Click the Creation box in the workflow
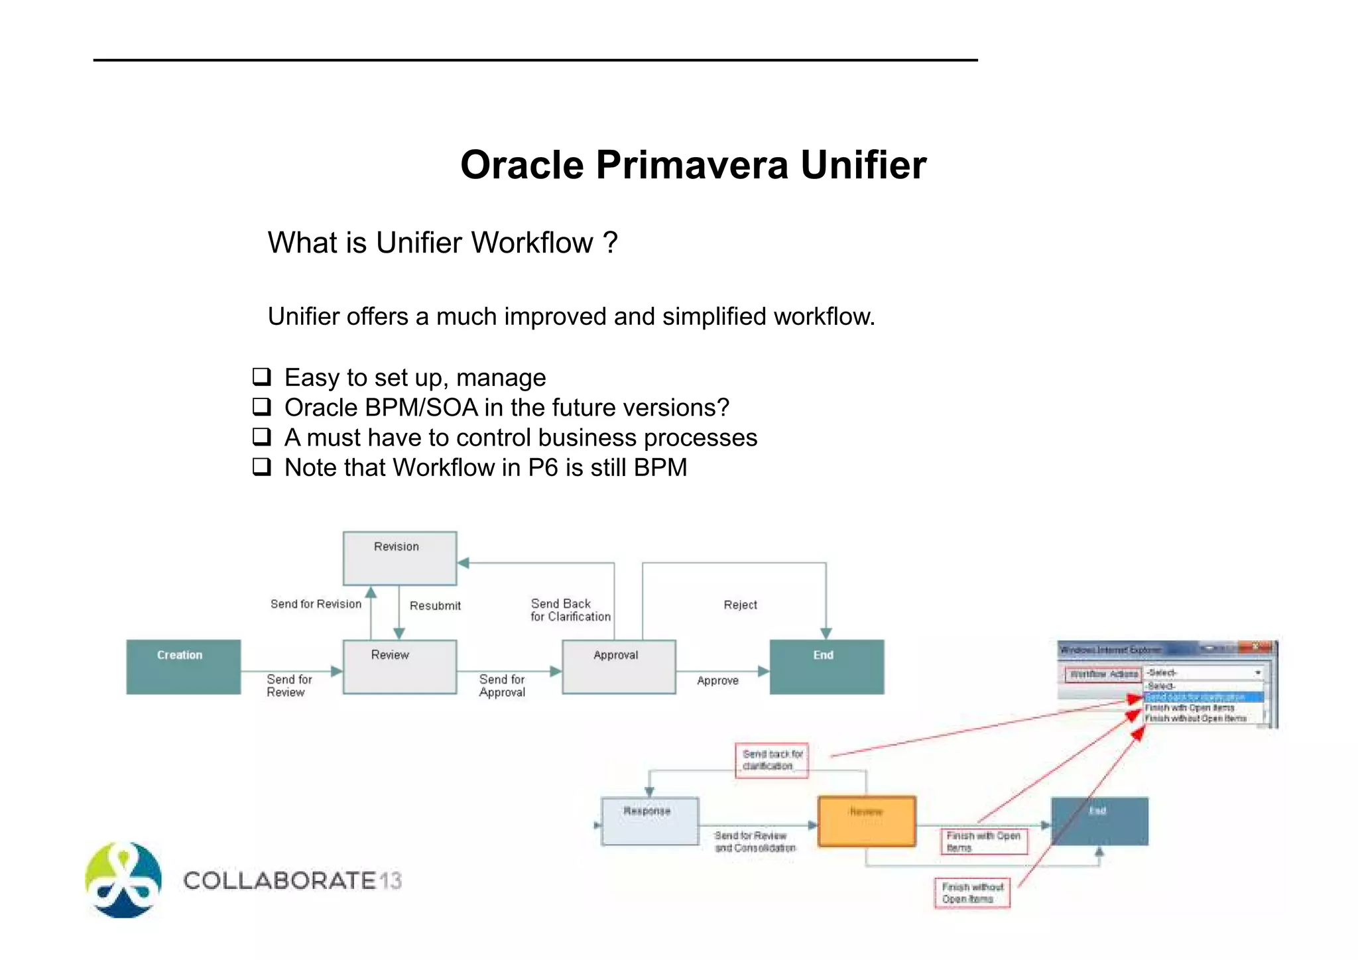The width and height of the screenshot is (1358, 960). click(183, 666)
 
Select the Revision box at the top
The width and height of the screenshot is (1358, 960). click(399, 558)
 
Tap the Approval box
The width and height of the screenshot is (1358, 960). click(618, 666)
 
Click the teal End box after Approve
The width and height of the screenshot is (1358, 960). click(826, 666)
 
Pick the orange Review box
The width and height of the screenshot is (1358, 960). click(867, 821)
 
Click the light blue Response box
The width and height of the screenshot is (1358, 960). click(649, 821)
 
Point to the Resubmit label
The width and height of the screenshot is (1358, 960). click(435, 605)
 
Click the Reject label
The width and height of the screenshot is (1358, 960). click(740, 605)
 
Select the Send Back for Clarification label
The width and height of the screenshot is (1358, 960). click(570, 610)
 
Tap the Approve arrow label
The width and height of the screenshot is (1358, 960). click(717, 681)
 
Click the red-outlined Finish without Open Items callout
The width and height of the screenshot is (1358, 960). click(971, 893)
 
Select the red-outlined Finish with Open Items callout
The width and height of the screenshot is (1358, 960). click(983, 841)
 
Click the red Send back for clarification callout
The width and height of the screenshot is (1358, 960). click(771, 760)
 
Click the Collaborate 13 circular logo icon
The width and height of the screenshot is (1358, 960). click(123, 880)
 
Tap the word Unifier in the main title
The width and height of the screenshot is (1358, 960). click(863, 164)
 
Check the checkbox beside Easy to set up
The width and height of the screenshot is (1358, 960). click(262, 377)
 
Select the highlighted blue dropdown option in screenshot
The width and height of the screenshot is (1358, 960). click(1203, 697)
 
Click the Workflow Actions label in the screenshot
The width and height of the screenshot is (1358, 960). click(1103, 674)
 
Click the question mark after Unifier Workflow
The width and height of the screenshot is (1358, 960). click(610, 243)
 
